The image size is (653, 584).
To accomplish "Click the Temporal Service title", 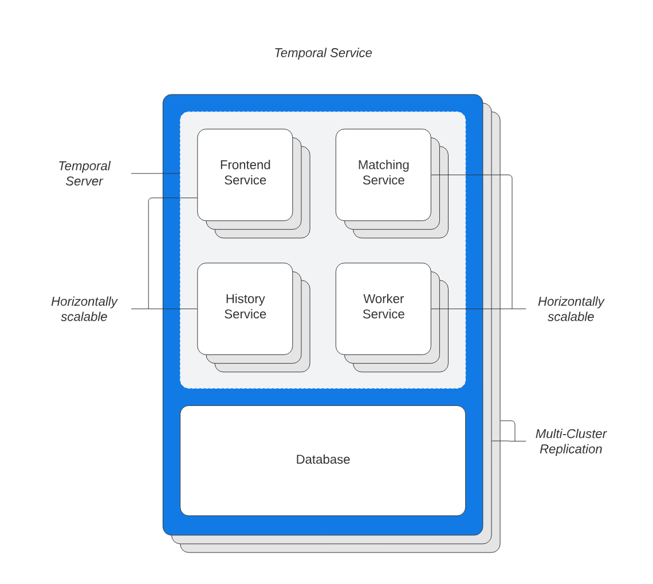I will pyautogui.click(x=323, y=53).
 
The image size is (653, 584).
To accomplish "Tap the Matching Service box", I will pyautogui.click(x=383, y=200).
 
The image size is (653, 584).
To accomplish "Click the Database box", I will pyautogui.click(x=322, y=487).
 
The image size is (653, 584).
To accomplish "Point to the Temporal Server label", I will pyautogui.click(x=84, y=173).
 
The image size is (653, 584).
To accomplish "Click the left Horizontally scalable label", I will pyautogui.click(x=84, y=309).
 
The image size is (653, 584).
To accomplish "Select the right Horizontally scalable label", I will pyautogui.click(x=571, y=309).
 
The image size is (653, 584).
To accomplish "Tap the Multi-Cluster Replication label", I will pyautogui.click(x=571, y=441).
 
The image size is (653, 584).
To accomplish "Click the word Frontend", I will pyautogui.click(x=245, y=165).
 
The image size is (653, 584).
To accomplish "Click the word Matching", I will pyautogui.click(x=383, y=165).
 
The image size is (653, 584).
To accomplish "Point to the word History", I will pyautogui.click(x=245, y=299).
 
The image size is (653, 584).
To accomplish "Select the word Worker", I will pyautogui.click(x=383, y=299).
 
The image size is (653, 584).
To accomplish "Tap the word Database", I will pyautogui.click(x=322, y=460).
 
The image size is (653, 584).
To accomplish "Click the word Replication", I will pyautogui.click(x=571, y=449).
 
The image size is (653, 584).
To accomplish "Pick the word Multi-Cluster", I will pyautogui.click(x=571, y=434).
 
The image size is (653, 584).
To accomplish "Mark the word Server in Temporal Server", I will pyautogui.click(x=84, y=181).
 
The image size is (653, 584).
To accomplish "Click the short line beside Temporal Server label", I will pyautogui.click(x=155, y=173).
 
